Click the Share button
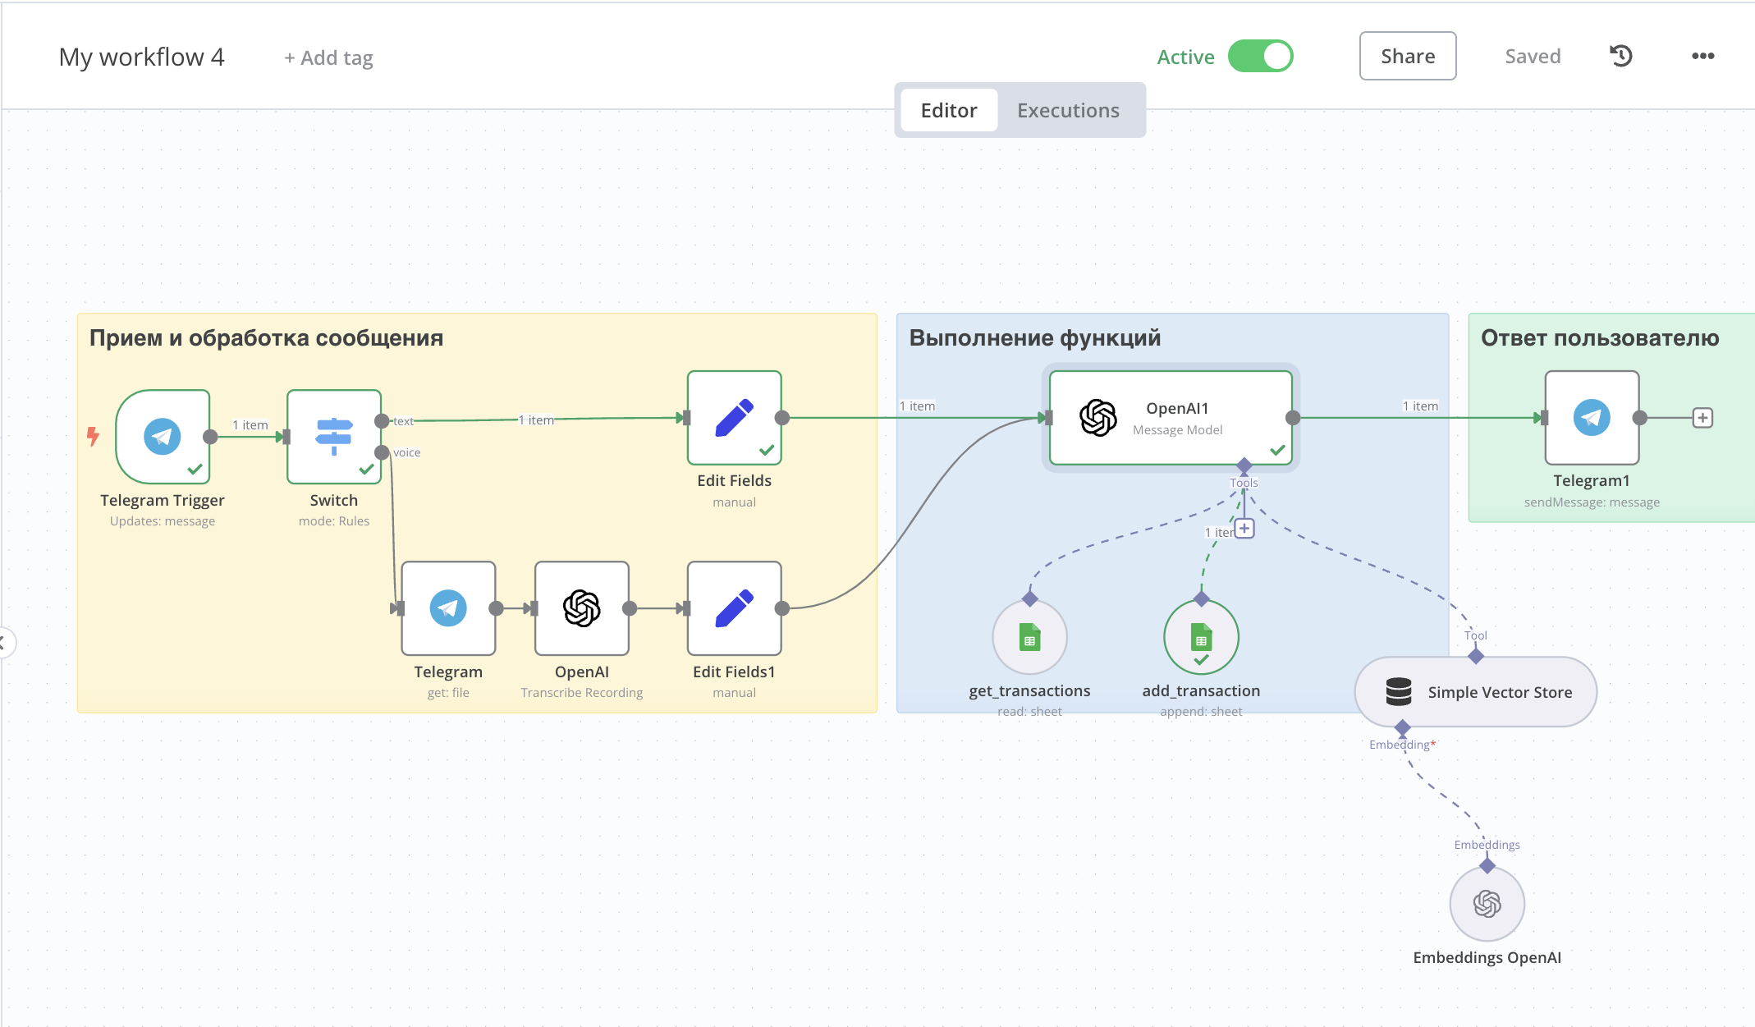tap(1408, 56)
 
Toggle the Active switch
tap(1260, 56)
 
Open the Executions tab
tap(1068, 110)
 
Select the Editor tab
tap(949, 110)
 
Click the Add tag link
tap(328, 57)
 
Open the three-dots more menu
tap(1703, 56)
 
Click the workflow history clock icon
tap(1621, 56)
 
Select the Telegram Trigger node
tap(163, 437)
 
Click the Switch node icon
tap(334, 437)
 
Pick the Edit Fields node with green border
tap(735, 418)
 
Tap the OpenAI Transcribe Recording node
tap(582, 608)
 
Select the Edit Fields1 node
tap(735, 608)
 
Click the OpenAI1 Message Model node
tap(1171, 418)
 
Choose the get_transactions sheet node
tap(1030, 638)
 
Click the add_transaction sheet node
tap(1201, 638)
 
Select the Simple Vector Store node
tap(1476, 692)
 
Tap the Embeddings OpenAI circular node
tap(1487, 904)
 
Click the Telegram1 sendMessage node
tap(1592, 418)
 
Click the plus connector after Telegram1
tap(1703, 418)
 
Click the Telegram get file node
tap(448, 608)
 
